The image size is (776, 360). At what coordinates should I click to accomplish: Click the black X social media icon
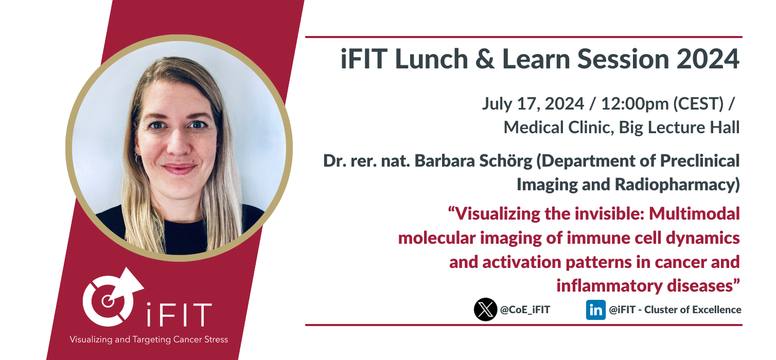click(x=485, y=310)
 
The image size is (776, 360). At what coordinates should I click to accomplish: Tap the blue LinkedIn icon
click(x=595, y=310)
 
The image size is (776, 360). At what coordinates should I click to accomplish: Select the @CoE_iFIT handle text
click(x=525, y=310)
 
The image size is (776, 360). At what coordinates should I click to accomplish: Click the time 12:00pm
click(x=634, y=104)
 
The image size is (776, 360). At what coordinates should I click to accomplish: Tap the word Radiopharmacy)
click(x=677, y=185)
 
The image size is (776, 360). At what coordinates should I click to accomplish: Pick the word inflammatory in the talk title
click(x=609, y=286)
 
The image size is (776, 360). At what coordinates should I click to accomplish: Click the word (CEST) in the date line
click(x=698, y=104)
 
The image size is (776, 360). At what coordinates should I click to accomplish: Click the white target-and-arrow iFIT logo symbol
click(x=113, y=297)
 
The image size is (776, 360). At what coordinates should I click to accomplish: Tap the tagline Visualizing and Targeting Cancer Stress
click(x=149, y=339)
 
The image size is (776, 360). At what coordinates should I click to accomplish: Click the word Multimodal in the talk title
click(x=694, y=213)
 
